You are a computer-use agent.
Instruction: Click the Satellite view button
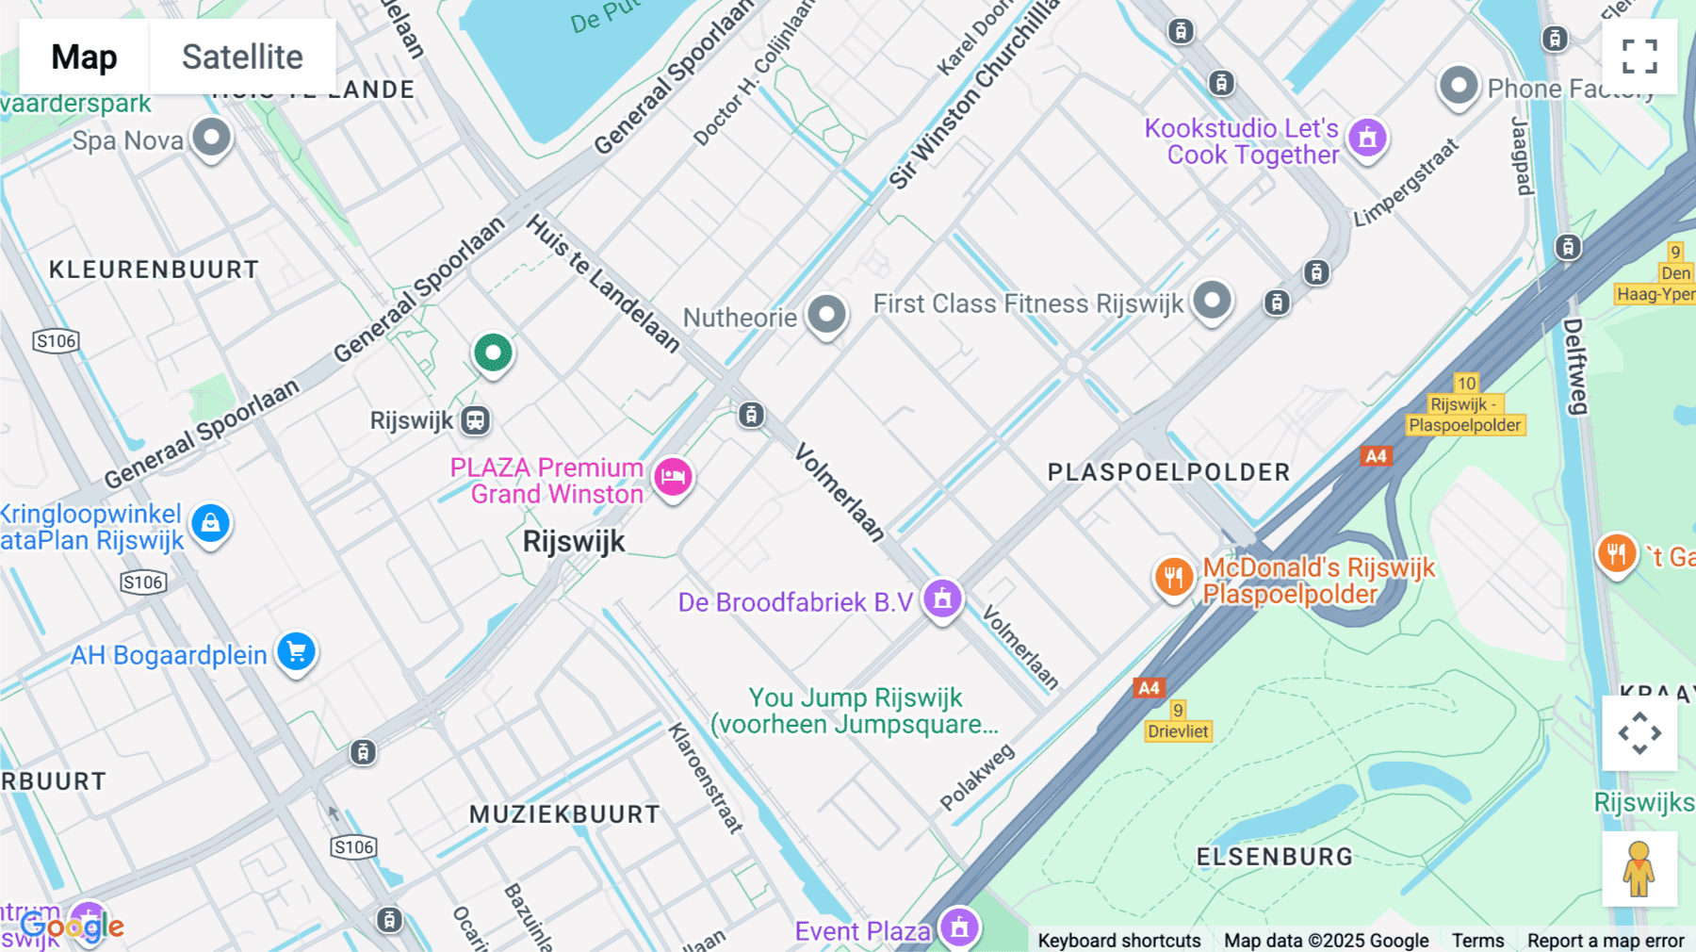[242, 57]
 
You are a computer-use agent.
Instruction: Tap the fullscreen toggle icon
[1639, 57]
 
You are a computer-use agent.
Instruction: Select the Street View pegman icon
[1639, 869]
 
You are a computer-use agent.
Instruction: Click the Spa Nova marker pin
[211, 138]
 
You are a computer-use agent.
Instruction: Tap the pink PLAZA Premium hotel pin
[673, 477]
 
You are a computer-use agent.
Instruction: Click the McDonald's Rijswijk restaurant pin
[1173, 576]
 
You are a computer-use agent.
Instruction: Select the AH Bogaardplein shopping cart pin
[296, 651]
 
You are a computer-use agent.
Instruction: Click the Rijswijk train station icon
[476, 420]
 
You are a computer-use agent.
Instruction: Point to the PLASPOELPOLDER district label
[1168, 472]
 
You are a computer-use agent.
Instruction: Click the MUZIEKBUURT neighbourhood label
[565, 814]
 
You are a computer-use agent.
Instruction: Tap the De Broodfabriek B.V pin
[942, 599]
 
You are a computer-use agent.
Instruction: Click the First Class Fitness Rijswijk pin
[1212, 302]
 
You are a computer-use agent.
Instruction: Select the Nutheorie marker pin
[827, 315]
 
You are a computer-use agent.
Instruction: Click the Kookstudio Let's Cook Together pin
[1367, 139]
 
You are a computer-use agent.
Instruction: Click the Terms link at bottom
[1477, 940]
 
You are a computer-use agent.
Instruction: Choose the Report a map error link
[1606, 940]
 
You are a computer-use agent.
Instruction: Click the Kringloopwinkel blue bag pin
[210, 523]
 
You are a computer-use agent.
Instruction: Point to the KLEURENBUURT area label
[154, 270]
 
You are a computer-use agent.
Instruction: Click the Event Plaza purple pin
[959, 927]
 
